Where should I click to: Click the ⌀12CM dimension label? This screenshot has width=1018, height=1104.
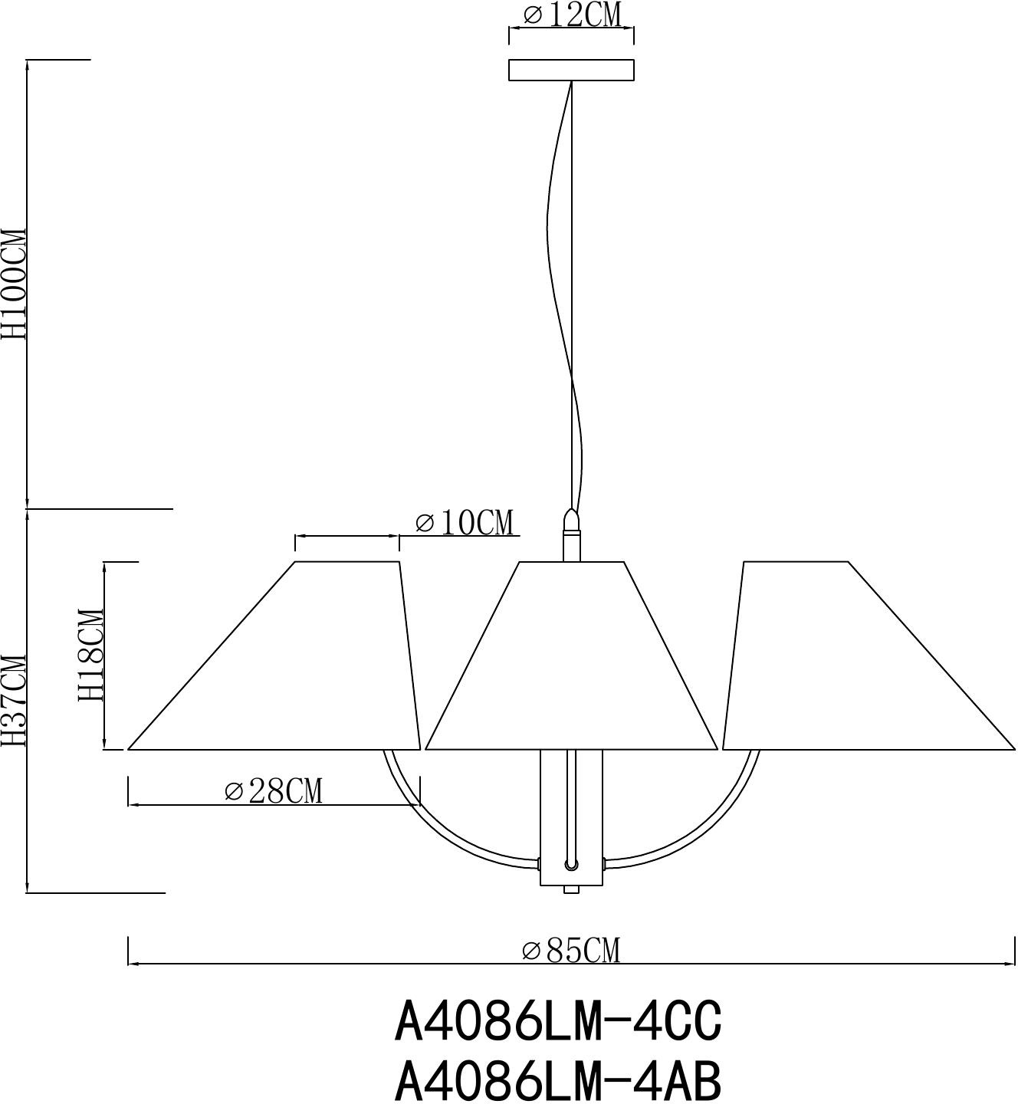click(571, 15)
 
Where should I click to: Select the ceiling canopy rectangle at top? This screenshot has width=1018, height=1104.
click(571, 70)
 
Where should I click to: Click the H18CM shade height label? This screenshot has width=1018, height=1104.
click(90, 655)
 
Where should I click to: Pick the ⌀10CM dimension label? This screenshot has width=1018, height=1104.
click(465, 523)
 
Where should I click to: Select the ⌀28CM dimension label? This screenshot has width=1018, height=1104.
click(274, 790)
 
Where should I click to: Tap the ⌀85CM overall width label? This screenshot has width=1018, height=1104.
click(571, 951)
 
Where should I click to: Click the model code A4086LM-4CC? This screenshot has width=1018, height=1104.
click(558, 1021)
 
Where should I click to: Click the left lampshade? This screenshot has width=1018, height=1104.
click(291, 667)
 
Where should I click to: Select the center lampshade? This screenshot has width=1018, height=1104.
click(571, 667)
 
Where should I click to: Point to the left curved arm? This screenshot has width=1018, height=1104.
click(429, 828)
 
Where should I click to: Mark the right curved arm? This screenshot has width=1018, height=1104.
click(713, 828)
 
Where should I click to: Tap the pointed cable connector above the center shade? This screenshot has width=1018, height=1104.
click(570, 519)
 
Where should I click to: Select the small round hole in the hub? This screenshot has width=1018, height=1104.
click(570, 865)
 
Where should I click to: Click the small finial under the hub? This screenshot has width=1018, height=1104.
click(571, 889)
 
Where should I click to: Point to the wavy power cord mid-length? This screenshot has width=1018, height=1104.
click(550, 230)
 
